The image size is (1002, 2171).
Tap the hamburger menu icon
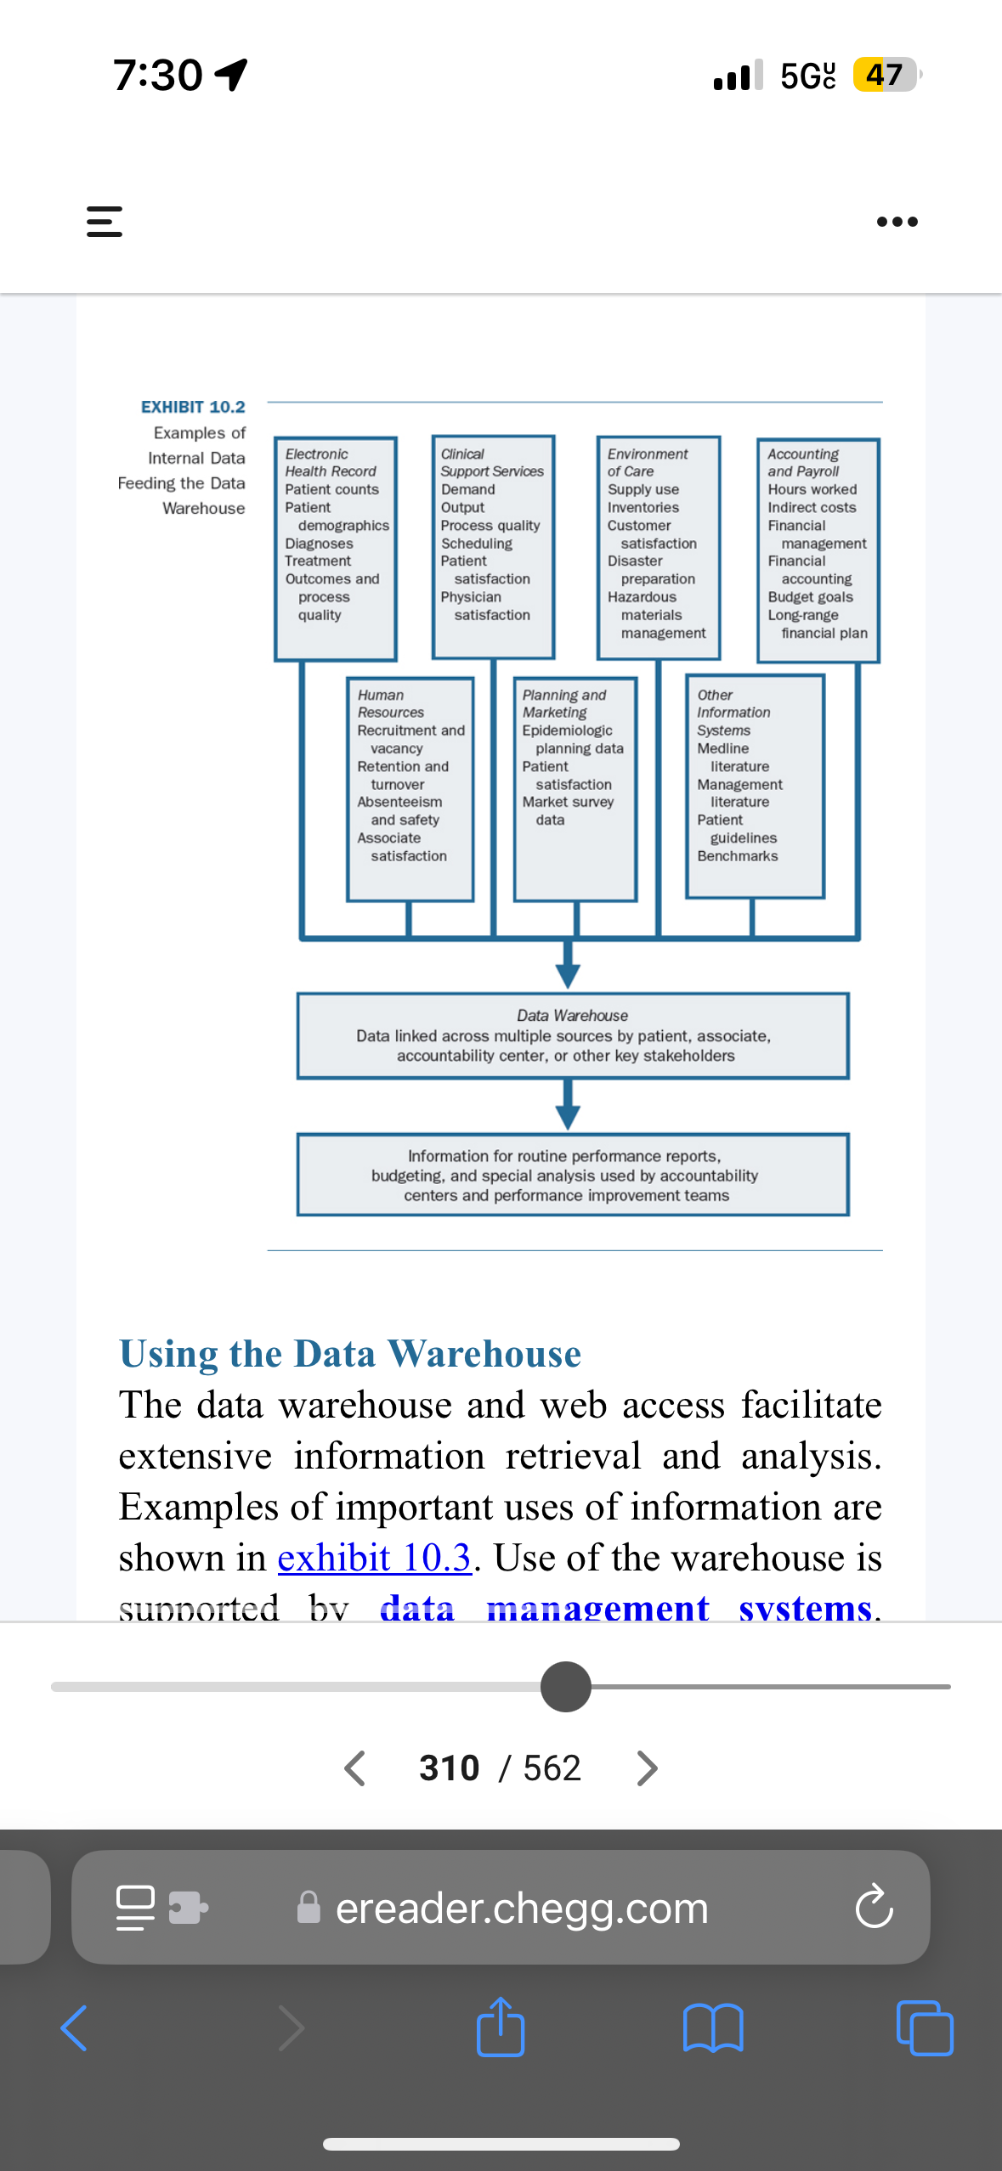(x=105, y=222)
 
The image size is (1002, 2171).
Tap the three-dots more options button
(x=897, y=222)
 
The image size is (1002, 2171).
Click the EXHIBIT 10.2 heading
(x=193, y=407)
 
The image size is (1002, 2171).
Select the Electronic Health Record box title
(x=330, y=463)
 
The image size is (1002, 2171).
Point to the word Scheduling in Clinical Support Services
(x=476, y=544)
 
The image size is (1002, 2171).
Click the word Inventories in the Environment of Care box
(x=643, y=508)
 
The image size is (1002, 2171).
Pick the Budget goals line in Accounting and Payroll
(x=810, y=597)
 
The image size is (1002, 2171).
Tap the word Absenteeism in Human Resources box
(x=399, y=802)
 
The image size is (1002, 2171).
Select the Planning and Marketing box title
(x=563, y=703)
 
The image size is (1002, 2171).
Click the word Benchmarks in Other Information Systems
(x=737, y=856)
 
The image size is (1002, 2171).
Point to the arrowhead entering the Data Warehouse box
(x=568, y=976)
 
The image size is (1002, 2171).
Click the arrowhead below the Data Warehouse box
(x=568, y=1117)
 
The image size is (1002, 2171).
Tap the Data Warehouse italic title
(x=572, y=1016)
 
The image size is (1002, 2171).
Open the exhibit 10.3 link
(x=375, y=1558)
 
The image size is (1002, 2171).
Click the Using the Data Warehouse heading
(x=350, y=1353)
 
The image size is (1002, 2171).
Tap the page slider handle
(x=566, y=1687)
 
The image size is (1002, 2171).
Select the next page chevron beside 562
(x=647, y=1768)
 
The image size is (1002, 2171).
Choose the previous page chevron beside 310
(x=354, y=1768)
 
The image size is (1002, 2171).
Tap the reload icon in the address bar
(x=874, y=1907)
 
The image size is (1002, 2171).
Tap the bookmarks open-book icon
(x=713, y=2027)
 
